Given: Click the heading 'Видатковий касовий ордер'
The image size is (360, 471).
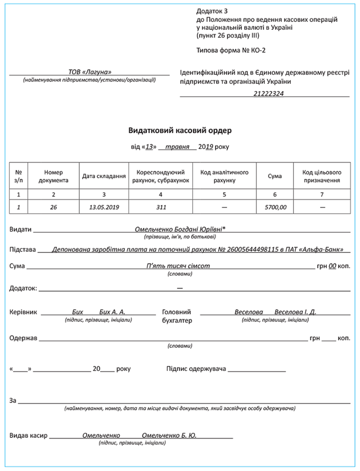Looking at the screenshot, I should tap(180, 130).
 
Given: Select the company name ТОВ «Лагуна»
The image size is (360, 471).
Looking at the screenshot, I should tap(89, 72).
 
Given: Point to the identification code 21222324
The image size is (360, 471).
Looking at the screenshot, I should tap(268, 93).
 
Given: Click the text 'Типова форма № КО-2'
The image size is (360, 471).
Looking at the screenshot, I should tap(231, 50).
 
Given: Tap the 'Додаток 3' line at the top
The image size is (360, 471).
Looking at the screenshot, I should tap(213, 11).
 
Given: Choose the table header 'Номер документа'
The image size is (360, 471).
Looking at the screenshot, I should tap(53, 176).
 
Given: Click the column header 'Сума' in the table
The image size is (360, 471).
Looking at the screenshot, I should tap(275, 176).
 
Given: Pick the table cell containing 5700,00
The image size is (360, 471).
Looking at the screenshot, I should tap(275, 207).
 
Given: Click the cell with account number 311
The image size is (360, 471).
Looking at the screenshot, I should tap(160, 207).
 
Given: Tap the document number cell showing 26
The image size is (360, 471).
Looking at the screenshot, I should tap(53, 207).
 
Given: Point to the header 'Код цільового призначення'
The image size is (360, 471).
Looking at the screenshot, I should tap(322, 176).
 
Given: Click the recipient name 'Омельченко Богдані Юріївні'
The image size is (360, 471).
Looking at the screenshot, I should tap(179, 230).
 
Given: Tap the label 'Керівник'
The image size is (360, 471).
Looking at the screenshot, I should tap(23, 312).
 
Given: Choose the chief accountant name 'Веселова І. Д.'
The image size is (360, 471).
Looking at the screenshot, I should tap(295, 312).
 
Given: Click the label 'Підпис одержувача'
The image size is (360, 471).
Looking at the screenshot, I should tap(196, 369).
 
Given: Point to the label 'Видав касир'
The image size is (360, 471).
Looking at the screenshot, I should tap(29, 436).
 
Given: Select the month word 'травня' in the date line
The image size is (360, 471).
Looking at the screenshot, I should tap(177, 147).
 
